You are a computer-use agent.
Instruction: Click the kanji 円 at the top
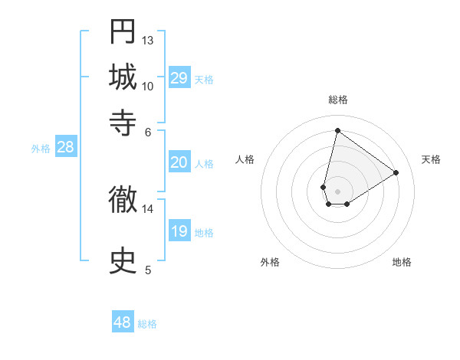[x=123, y=32]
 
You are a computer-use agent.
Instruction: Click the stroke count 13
[x=148, y=40]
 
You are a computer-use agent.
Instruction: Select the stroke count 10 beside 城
[x=148, y=86]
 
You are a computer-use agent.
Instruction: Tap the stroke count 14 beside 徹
[x=148, y=208]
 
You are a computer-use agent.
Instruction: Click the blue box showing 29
[x=179, y=78]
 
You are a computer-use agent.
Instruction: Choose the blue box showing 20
[x=179, y=162]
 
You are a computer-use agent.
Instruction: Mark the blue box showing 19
[x=179, y=231]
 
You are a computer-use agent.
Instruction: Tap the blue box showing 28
[x=65, y=148]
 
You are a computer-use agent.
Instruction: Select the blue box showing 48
[x=123, y=322]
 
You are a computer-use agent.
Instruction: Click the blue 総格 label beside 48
[x=147, y=324]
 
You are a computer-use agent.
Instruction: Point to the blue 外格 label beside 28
[x=41, y=149]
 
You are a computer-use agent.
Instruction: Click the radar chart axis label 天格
[x=431, y=159]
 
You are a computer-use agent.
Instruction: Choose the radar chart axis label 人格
[x=245, y=159]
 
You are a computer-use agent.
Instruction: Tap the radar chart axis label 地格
[x=402, y=262]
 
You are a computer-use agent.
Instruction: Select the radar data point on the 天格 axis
[x=396, y=173]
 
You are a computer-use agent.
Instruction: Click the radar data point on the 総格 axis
[x=337, y=130]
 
